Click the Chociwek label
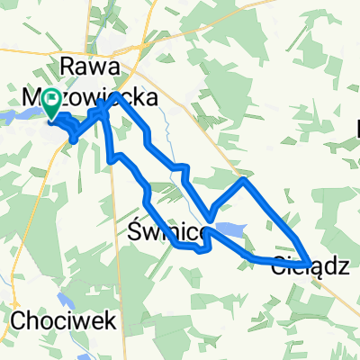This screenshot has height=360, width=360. pyautogui.click(x=47, y=320)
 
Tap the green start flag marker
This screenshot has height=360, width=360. pyautogui.click(x=53, y=105)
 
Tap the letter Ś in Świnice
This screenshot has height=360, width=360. pyautogui.click(x=129, y=234)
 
